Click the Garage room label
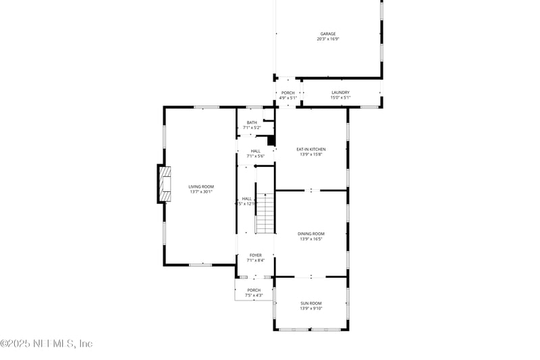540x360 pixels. coord(327,34)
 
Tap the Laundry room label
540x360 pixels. coord(340,93)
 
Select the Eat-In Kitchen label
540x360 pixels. coord(311,149)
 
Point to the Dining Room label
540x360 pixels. coord(311,234)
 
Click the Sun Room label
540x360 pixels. coord(311,303)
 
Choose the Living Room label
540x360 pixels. coord(200,186)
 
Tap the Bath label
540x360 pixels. coord(252,122)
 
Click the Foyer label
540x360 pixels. coord(256,255)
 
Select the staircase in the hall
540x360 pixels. coord(265,213)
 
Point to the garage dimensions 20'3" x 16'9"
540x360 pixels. coord(327,39)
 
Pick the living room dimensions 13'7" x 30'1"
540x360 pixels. coord(200,192)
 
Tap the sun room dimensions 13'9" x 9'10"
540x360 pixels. coord(311,309)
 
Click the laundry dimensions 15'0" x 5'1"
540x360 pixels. coord(340,98)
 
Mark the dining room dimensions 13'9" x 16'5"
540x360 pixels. coord(311,239)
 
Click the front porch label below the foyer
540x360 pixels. coord(253,290)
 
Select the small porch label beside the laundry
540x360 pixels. coord(288,93)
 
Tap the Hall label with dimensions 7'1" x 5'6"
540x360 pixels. coord(256,151)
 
